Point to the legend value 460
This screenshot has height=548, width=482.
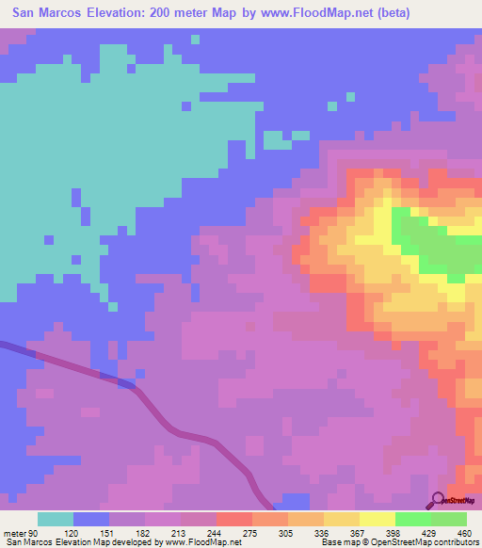(x=461, y=532)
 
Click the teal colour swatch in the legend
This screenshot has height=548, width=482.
(x=56, y=519)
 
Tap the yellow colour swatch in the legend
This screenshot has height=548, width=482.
(x=377, y=519)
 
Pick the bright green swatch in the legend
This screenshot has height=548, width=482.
(x=412, y=519)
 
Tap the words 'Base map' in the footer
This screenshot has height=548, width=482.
(x=340, y=542)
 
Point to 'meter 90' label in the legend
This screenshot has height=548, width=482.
(x=19, y=532)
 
